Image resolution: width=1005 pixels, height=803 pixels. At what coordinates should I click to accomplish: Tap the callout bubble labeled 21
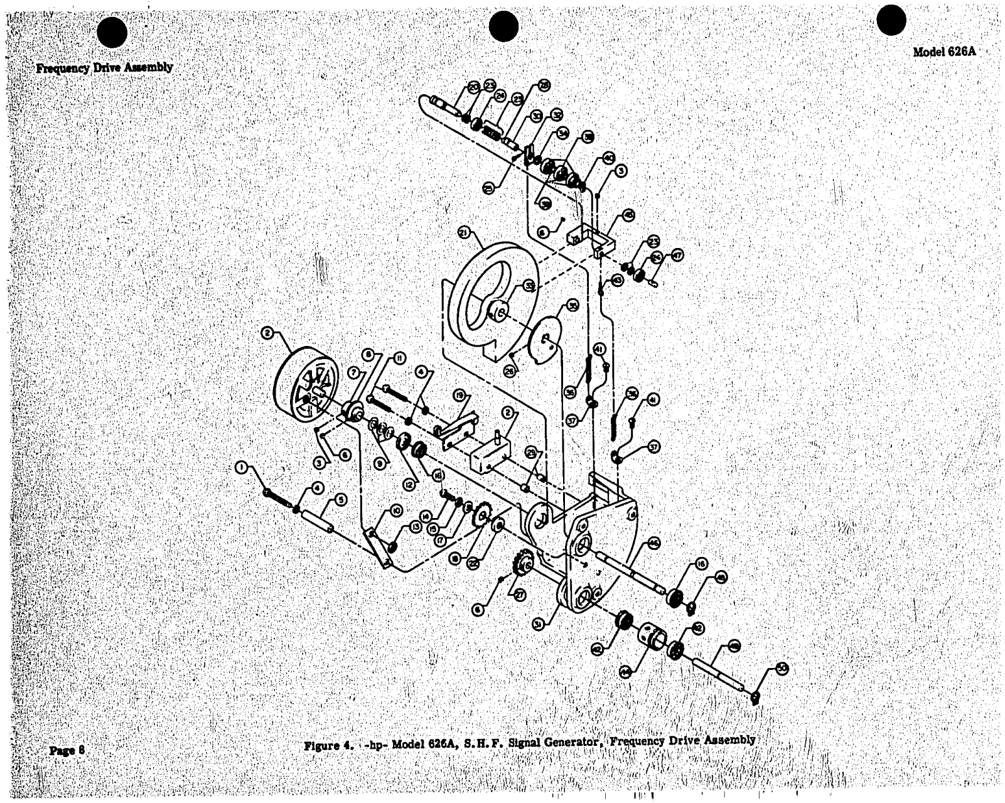(x=464, y=234)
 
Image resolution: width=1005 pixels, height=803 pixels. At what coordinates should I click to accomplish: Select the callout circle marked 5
(x=340, y=500)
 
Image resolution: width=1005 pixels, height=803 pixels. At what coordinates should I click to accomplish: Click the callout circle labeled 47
(x=677, y=255)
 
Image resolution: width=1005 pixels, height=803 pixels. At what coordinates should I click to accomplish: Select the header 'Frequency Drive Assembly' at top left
(x=104, y=68)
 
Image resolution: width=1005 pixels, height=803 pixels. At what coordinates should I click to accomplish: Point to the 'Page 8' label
(x=67, y=750)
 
